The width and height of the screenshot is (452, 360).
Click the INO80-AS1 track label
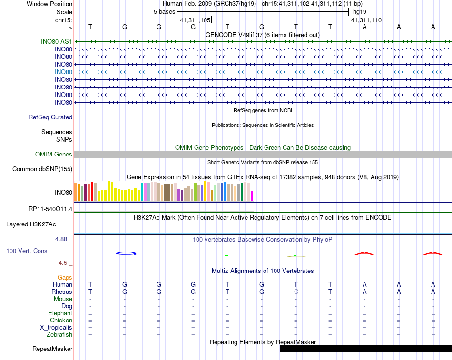pos(57,41)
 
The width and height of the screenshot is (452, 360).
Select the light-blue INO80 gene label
pos(63,72)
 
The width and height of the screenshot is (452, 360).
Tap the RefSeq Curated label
pos(50,117)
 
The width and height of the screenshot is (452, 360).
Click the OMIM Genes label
pos(54,154)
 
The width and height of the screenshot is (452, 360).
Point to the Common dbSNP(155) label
pos(42,169)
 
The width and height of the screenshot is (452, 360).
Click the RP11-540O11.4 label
pos(50,209)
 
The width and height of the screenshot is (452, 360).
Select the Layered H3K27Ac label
pos(39,224)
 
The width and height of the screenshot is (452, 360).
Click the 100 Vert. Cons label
pos(27,251)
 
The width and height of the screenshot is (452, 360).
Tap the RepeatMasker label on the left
pos(52,349)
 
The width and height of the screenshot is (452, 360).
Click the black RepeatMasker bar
pos(365,349)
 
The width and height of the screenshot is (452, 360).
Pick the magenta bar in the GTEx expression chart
pos(252,196)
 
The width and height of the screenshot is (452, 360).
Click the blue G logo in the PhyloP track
pos(126,253)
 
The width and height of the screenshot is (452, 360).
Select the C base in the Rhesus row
pos(296,292)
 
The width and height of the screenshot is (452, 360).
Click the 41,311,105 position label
pos(195,20)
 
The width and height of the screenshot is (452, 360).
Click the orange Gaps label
pos(65,277)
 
